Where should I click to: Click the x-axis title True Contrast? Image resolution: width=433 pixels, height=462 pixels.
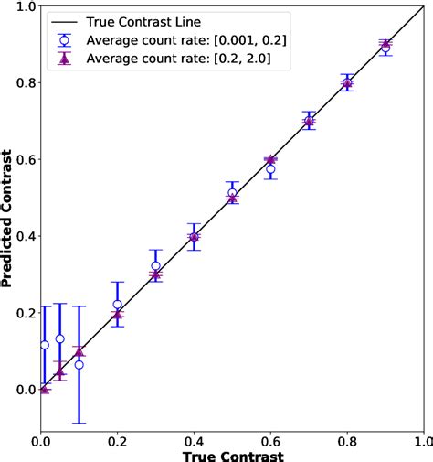[231, 455]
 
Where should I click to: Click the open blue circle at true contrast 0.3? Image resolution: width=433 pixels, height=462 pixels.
[155, 266]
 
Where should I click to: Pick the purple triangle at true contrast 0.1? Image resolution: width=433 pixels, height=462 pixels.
[79, 351]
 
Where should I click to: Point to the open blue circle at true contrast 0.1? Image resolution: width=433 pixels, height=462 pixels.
[79, 364]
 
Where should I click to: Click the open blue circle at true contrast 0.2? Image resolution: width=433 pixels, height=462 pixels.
[117, 305]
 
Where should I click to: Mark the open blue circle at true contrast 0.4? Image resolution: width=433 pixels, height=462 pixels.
[194, 236]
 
